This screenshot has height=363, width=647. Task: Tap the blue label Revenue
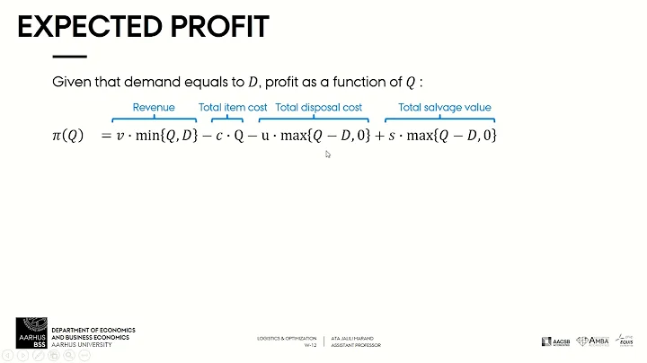[154, 107]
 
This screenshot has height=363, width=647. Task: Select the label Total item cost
[233, 107]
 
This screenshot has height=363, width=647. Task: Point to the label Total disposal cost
[318, 107]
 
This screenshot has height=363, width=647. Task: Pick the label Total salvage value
[445, 107]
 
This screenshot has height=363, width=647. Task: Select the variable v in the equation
[119, 136]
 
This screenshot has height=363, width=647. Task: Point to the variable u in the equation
[265, 136]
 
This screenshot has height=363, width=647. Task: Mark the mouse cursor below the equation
[328, 155]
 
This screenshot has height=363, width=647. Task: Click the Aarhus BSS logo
[32, 330]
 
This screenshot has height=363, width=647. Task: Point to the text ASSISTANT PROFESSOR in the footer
[357, 345]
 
